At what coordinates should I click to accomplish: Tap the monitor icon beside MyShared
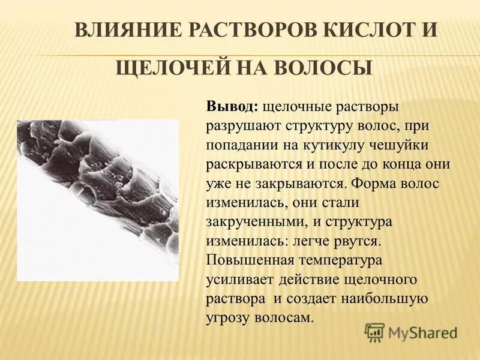click(375, 332)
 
